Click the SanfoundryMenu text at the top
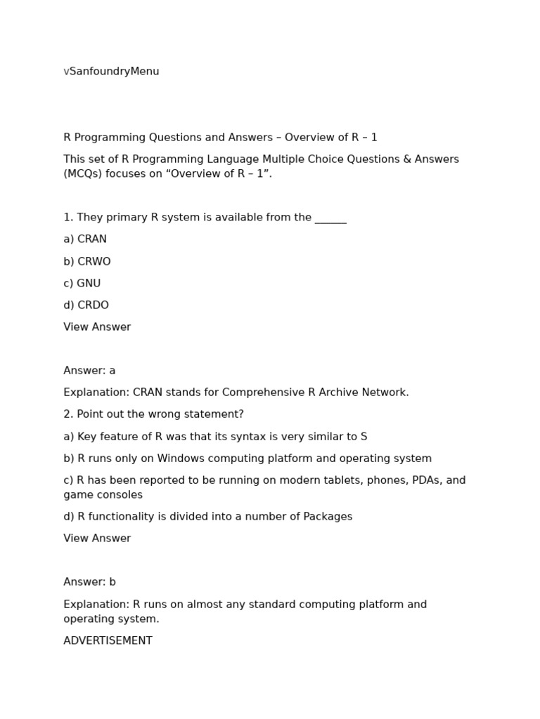(x=114, y=72)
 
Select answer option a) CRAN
(x=85, y=239)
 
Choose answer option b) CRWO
(x=87, y=262)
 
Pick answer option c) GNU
(x=82, y=284)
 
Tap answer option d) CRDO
(x=86, y=305)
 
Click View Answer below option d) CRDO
(x=97, y=327)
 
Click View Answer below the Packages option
(x=97, y=539)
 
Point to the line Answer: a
(x=89, y=371)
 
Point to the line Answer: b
(x=89, y=582)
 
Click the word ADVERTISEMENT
(x=108, y=641)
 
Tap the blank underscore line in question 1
(x=330, y=219)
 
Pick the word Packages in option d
(x=328, y=517)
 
